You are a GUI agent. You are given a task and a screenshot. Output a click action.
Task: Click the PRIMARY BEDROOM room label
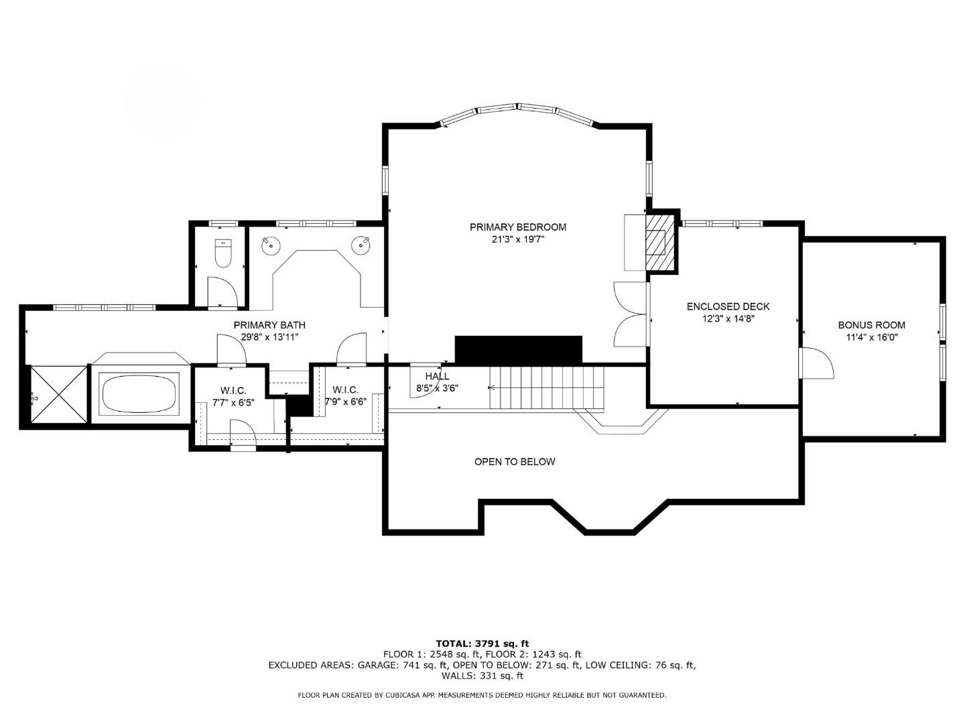point(517,227)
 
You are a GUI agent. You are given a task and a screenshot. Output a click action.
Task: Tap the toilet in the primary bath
point(222,253)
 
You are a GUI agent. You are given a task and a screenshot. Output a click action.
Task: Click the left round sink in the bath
point(270,245)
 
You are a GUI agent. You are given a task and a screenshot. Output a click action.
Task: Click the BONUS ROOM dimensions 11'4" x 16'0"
point(871,338)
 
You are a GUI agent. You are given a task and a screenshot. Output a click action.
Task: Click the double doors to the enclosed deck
point(630,314)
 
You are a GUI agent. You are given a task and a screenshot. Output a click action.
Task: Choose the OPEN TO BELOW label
point(515,462)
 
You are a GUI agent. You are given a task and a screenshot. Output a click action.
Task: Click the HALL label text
point(437,377)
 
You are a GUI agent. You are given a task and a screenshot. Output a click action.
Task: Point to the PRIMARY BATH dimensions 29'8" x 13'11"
point(269,337)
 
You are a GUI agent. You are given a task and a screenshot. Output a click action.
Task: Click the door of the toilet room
point(222,291)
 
